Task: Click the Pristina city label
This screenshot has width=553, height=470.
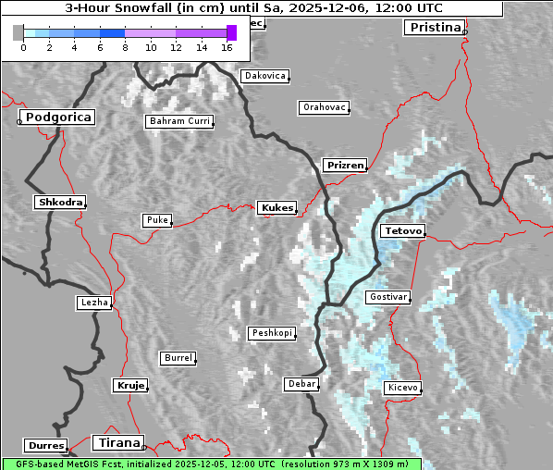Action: pos(434,27)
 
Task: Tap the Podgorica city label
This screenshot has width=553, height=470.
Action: pos(57,117)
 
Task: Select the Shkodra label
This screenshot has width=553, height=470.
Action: pos(60,202)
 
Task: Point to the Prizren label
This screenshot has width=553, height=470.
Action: pos(345,166)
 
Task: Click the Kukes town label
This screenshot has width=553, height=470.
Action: pos(277,208)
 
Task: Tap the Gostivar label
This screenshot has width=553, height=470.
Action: pos(387,297)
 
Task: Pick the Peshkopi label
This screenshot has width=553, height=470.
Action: pos(271,333)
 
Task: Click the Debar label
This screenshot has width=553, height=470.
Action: pos(301,383)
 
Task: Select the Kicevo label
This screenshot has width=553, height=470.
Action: pos(403,387)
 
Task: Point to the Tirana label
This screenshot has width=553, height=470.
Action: pos(117,442)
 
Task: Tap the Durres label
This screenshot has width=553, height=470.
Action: pos(46,446)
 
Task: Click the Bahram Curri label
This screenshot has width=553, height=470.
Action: pos(179,121)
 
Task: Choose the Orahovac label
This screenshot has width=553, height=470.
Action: pos(324,107)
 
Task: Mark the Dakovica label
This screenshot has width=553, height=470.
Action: pos(264,76)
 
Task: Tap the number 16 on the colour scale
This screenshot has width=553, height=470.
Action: pos(227,46)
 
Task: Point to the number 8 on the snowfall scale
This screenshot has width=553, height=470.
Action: pos(125,46)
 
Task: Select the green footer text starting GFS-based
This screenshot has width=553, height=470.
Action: pos(211,464)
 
